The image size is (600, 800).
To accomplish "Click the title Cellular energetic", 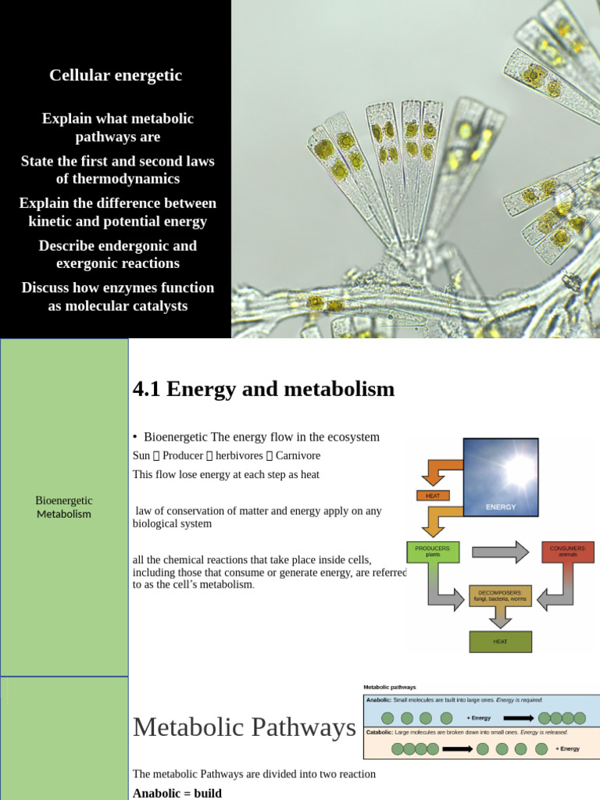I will [116, 75].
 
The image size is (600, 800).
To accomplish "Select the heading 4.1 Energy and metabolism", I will [264, 388].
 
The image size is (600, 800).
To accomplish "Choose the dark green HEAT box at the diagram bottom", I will [500, 641].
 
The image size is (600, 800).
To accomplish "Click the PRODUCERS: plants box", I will [433, 552].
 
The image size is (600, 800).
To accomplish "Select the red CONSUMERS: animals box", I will [567, 552].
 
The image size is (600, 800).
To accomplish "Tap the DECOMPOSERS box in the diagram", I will [500, 596].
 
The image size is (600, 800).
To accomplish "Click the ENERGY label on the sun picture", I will [501, 506].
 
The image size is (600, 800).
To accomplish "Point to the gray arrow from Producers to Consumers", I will [500, 552].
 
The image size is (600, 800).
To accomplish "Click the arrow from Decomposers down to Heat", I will [500, 618].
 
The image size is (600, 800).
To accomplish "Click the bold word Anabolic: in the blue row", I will [379, 700].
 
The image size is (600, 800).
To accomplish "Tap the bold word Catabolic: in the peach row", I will [380, 733].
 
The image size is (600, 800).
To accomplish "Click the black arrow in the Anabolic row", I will [518, 718].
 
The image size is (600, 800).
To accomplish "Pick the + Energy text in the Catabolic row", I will [567, 748].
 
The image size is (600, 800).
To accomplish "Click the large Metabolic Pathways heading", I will [244, 727].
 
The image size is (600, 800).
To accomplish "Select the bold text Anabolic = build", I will [177, 793].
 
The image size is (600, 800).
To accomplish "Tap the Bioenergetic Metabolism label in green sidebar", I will [64, 507].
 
